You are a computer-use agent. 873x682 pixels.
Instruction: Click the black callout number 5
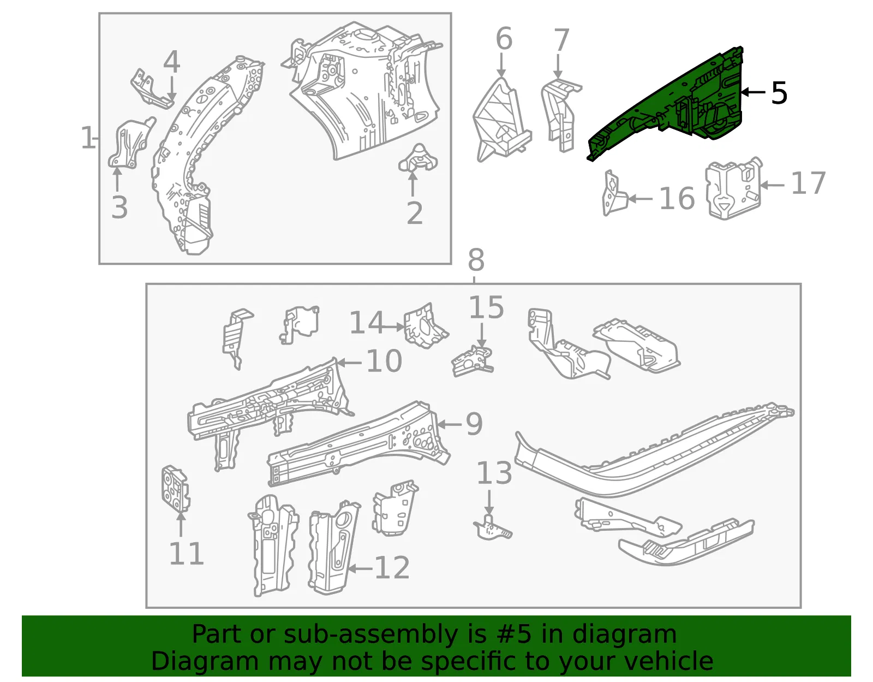click(779, 93)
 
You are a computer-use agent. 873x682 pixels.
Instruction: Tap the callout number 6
click(504, 39)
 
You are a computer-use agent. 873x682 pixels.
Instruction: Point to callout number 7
click(561, 40)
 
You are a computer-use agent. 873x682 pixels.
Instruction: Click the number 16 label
click(677, 199)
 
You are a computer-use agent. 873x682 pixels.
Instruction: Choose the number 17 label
click(808, 183)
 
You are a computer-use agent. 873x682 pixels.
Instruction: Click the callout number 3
click(119, 208)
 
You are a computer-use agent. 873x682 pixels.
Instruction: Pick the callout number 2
click(415, 213)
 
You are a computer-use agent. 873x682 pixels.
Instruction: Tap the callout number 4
click(171, 62)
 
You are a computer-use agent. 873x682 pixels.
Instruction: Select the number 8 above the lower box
click(476, 260)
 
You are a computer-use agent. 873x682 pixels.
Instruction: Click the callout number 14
click(367, 322)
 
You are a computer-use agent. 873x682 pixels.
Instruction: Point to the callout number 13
click(494, 473)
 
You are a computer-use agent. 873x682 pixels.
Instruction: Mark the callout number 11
click(187, 554)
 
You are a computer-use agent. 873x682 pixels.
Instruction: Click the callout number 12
click(392, 568)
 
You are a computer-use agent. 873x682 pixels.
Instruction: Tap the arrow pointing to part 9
click(449, 424)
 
